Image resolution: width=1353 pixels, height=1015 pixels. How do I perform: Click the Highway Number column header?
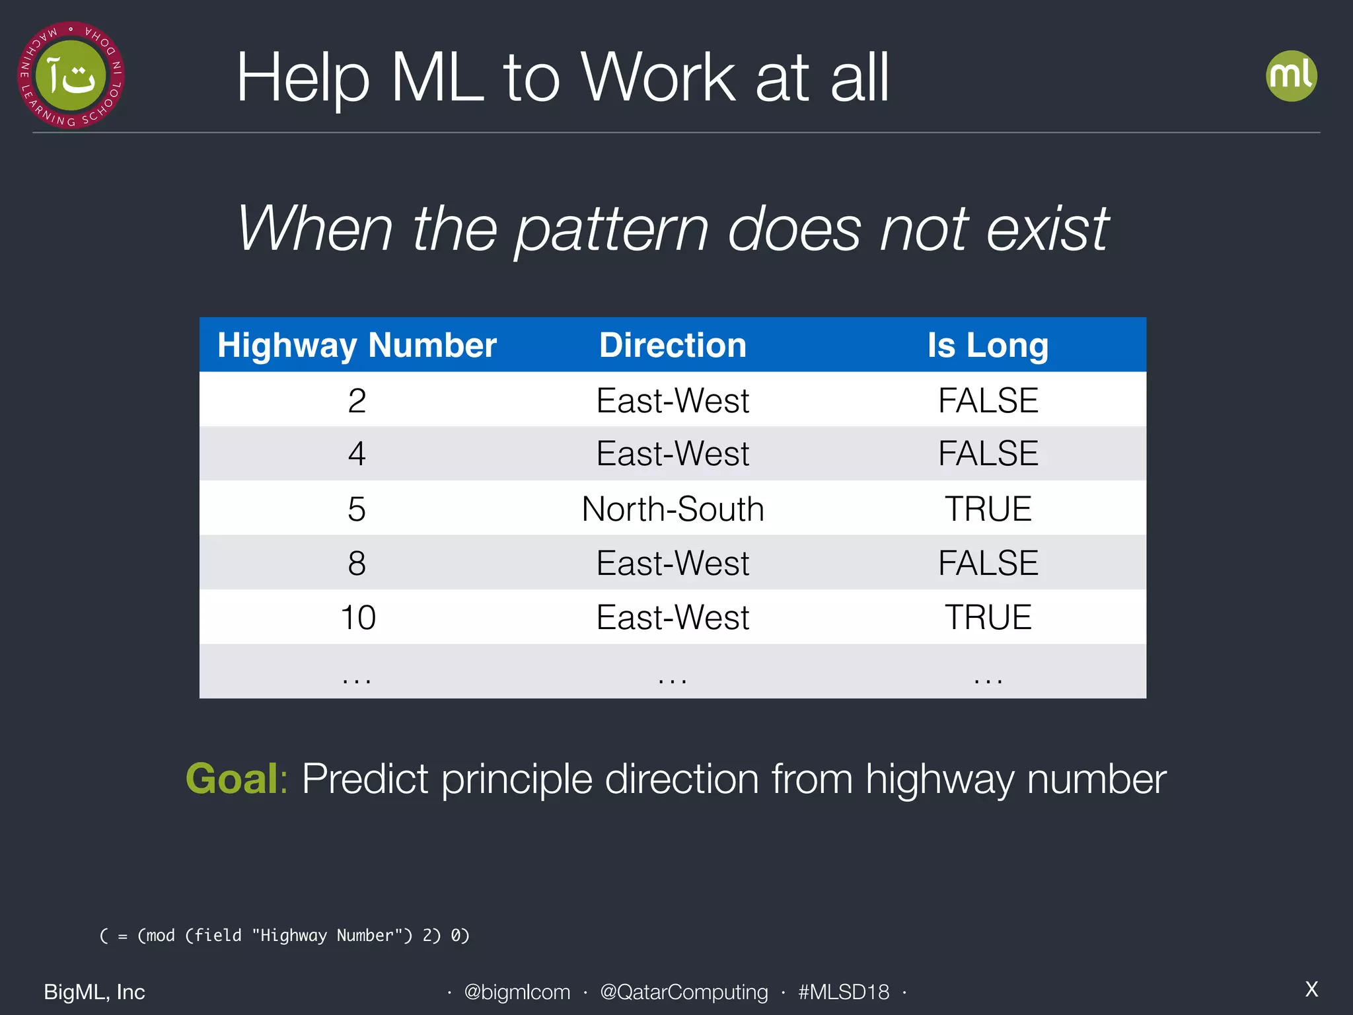(x=357, y=346)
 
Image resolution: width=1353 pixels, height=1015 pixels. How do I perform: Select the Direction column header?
(x=673, y=346)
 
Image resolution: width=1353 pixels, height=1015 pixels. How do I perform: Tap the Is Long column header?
(x=988, y=346)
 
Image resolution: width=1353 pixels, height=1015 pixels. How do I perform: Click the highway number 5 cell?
(x=357, y=509)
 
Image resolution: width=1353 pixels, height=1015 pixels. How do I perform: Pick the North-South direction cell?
(x=673, y=509)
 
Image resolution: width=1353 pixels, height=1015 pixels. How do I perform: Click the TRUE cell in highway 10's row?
(x=988, y=617)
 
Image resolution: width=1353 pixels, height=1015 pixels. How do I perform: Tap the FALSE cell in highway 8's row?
(x=988, y=563)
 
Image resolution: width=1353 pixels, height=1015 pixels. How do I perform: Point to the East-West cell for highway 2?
(x=673, y=400)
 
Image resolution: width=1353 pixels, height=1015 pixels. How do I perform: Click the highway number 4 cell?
(x=357, y=454)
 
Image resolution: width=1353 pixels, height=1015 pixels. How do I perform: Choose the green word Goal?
(x=232, y=778)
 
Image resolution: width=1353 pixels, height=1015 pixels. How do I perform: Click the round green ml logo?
(x=1291, y=75)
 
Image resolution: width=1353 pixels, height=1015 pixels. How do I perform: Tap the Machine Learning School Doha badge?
(x=71, y=75)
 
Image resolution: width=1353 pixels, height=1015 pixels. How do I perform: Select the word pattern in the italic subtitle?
(x=612, y=229)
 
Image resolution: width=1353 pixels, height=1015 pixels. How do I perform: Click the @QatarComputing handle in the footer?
(x=684, y=992)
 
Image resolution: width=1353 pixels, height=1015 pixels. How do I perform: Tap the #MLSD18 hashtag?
(x=844, y=992)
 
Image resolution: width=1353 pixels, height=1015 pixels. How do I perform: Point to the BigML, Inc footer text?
(x=94, y=992)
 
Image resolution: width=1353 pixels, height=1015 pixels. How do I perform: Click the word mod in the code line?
(x=161, y=936)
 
